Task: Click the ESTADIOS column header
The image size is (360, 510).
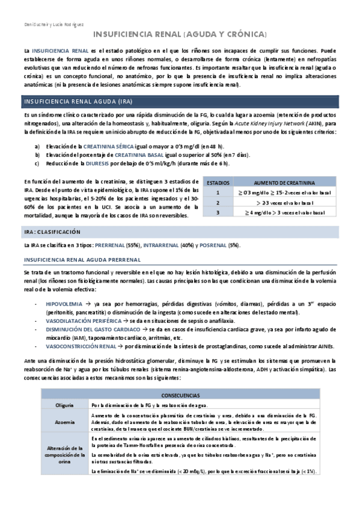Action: [218, 182]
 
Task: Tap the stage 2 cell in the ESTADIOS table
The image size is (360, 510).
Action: [218, 202]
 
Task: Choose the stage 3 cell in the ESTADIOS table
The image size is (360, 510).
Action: [218, 212]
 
